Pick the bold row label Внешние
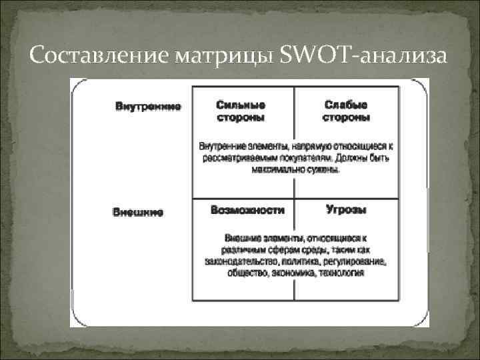click(x=137, y=213)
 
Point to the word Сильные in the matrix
click(x=241, y=105)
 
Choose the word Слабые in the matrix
click(x=346, y=105)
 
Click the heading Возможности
click(x=247, y=210)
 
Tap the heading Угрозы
click(x=346, y=210)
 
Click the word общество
click(x=247, y=273)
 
